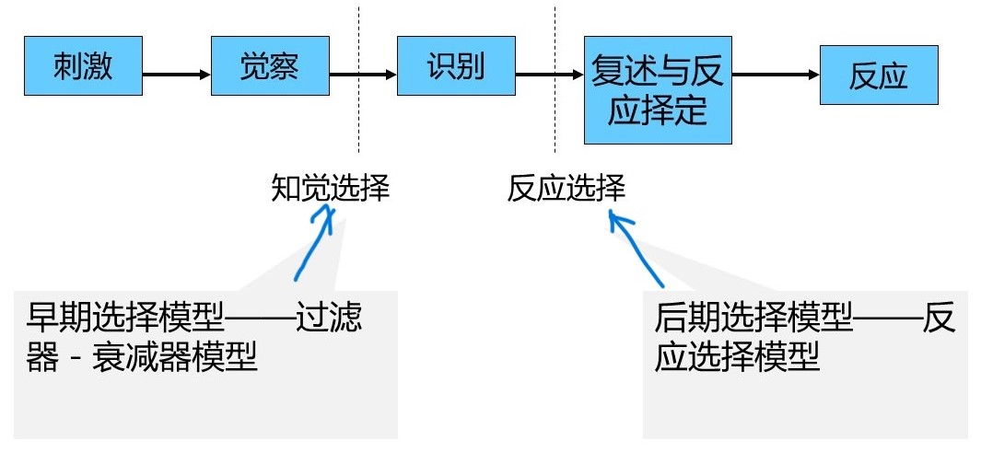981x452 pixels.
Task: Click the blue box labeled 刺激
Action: (84, 67)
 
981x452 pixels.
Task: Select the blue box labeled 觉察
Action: (270, 67)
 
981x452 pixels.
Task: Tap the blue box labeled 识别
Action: (456, 67)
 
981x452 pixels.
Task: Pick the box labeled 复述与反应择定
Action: (658, 91)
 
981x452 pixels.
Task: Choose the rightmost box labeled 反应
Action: (878, 75)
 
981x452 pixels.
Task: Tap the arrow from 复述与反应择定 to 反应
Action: (776, 75)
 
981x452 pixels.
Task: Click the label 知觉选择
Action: (331, 189)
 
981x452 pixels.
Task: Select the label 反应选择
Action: (566, 189)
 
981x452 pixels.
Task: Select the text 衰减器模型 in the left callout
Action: (174, 357)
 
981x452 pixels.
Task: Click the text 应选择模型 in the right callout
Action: (737, 357)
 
